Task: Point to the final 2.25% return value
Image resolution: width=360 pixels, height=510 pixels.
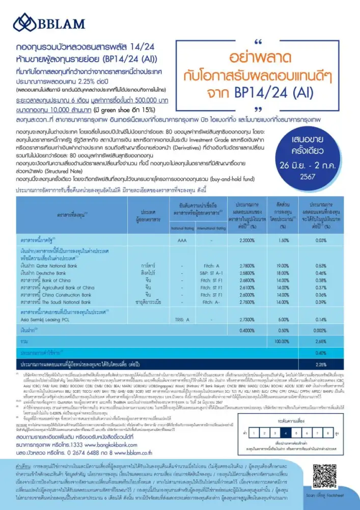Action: [x=321, y=364]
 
